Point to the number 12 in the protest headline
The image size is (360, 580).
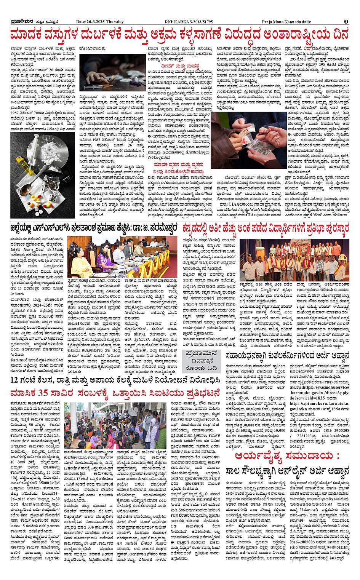pos(16,380)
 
